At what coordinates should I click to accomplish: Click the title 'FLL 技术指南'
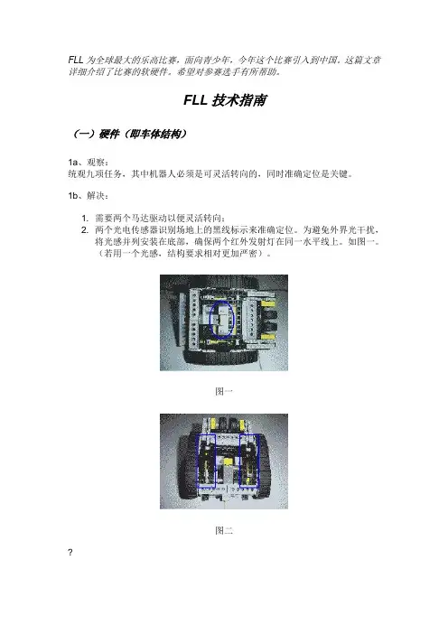[x=225, y=100]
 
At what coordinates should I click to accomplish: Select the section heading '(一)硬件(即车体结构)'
[x=129, y=134]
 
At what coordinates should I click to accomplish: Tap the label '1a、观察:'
[x=89, y=163]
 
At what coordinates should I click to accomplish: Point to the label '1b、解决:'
[x=89, y=196]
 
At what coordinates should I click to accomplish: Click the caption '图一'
[x=224, y=391]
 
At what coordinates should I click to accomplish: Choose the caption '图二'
[x=224, y=530]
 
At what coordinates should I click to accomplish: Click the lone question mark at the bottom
[x=70, y=553]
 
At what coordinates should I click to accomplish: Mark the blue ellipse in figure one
[x=210, y=320]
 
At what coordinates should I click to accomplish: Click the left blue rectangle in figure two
[x=197, y=461]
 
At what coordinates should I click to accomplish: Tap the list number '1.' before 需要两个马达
[x=85, y=219]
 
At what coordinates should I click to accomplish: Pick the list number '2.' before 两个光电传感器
[x=85, y=230]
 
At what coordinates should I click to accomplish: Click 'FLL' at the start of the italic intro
[x=76, y=61]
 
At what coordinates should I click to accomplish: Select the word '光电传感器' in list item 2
[x=135, y=230]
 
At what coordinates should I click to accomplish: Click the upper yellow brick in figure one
[x=267, y=303]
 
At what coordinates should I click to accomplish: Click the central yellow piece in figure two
[x=229, y=462]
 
